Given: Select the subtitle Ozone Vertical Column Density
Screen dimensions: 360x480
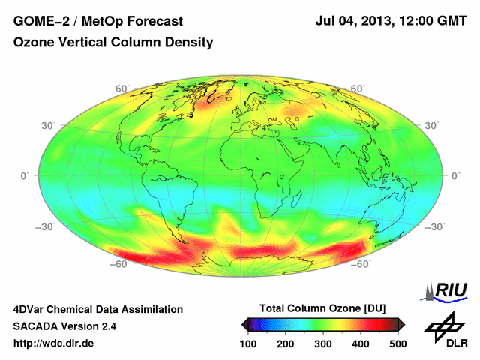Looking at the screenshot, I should tap(113, 43).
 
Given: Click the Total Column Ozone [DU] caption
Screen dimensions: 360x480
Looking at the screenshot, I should tap(322, 308).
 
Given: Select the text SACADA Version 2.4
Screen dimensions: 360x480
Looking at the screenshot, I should tap(64, 326).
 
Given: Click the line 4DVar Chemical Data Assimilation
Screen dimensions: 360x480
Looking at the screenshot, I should tap(97, 309).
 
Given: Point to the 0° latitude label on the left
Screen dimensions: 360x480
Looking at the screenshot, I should tap(24, 175).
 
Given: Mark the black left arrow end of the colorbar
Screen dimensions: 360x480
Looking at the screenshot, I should tap(246, 324).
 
